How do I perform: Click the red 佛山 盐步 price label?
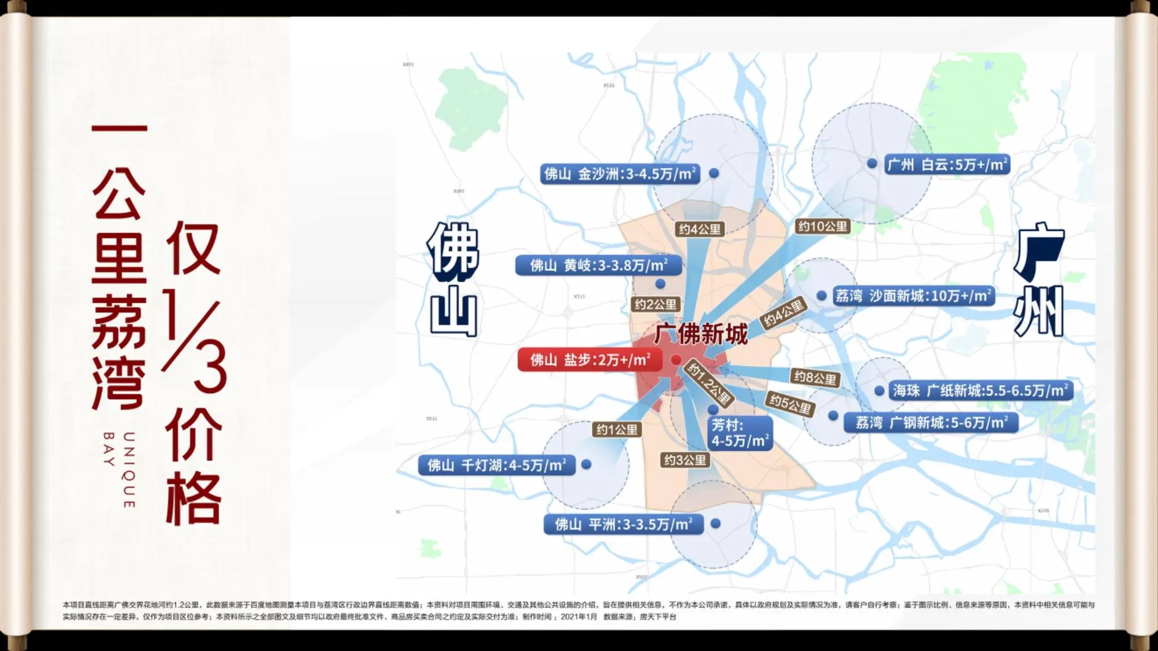(x=590, y=360)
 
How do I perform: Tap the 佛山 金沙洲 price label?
(x=620, y=174)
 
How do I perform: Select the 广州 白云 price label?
(x=947, y=165)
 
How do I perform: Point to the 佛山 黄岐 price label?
(x=598, y=265)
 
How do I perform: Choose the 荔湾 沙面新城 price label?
(x=913, y=296)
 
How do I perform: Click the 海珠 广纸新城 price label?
(x=980, y=390)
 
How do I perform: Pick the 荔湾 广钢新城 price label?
(x=931, y=422)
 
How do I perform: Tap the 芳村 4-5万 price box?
(x=740, y=433)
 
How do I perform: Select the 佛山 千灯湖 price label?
(x=496, y=465)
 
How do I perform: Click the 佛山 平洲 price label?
(x=623, y=524)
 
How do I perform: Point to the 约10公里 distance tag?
(x=823, y=227)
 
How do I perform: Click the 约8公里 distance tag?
(x=815, y=378)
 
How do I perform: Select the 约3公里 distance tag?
(x=685, y=460)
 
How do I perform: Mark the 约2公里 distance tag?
(x=655, y=305)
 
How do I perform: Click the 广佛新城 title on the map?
(x=701, y=334)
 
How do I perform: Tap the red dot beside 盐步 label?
(x=676, y=360)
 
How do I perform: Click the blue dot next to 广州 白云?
(x=872, y=163)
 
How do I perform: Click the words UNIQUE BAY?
(x=119, y=469)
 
